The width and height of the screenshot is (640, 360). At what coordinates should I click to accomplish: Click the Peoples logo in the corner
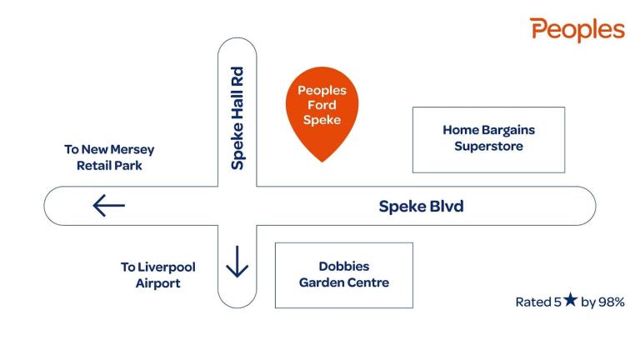pos(577,30)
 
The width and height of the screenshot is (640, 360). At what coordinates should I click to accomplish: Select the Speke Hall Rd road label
pos(237,118)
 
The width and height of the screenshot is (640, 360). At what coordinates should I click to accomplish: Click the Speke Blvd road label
pos(421,206)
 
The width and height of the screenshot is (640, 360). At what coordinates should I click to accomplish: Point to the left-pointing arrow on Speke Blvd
pos(108,205)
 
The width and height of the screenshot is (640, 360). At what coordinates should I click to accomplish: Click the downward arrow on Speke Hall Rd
pos(237,262)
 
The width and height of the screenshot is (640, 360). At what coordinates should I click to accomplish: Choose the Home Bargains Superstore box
pos(488,140)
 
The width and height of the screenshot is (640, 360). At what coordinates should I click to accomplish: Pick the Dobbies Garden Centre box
pos(344,275)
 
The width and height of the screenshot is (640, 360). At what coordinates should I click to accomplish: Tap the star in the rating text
pos(571,300)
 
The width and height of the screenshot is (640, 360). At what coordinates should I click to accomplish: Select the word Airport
pos(158,283)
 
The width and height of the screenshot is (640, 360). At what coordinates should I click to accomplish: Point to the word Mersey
pos(132,150)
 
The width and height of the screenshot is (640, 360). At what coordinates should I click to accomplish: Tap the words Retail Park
pos(109,166)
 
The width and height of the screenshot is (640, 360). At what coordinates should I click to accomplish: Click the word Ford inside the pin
pos(322,105)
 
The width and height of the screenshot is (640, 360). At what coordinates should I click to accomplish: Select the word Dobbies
pos(344,266)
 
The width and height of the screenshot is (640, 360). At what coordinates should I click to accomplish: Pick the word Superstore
pos(488,146)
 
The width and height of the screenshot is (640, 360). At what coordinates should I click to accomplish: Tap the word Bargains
pos(508,130)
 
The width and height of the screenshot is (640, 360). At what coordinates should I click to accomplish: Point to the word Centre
pos(370,282)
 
